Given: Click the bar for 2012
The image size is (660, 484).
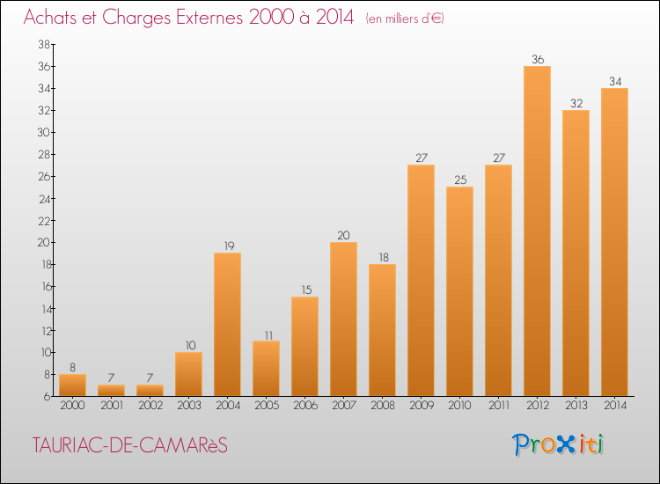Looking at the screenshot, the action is point(537,231).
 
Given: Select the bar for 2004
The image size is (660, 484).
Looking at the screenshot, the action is point(227,325).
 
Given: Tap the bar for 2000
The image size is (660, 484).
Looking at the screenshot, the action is point(72,385).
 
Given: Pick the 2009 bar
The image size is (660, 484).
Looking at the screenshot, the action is point(421,281).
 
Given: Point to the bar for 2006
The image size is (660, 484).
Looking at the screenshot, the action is point(304,347).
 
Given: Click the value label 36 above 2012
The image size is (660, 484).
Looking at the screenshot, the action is point(538,59).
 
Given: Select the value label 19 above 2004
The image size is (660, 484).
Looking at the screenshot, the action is point(229,246).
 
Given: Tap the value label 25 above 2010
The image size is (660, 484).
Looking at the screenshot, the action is point(460,180).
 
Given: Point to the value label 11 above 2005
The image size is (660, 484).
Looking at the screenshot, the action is point(268,335).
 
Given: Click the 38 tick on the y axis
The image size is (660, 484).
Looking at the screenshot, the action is point(44,44).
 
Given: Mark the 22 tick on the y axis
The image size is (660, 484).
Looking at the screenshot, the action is point(44,221).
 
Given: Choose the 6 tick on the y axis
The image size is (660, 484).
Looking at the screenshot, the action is point(48,397).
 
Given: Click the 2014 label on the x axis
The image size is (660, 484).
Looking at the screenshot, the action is point(615,406).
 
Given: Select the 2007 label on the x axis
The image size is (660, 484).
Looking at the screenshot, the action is point(344,406).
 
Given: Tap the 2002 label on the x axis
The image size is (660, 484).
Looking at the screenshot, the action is point(150,406).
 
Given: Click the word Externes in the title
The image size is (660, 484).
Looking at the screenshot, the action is point(209,18).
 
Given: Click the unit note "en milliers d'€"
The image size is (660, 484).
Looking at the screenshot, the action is point(405,18).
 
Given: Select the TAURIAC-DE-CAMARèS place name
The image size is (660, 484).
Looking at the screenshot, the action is point(129,445).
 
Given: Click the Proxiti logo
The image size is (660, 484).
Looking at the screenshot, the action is point(558,444).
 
